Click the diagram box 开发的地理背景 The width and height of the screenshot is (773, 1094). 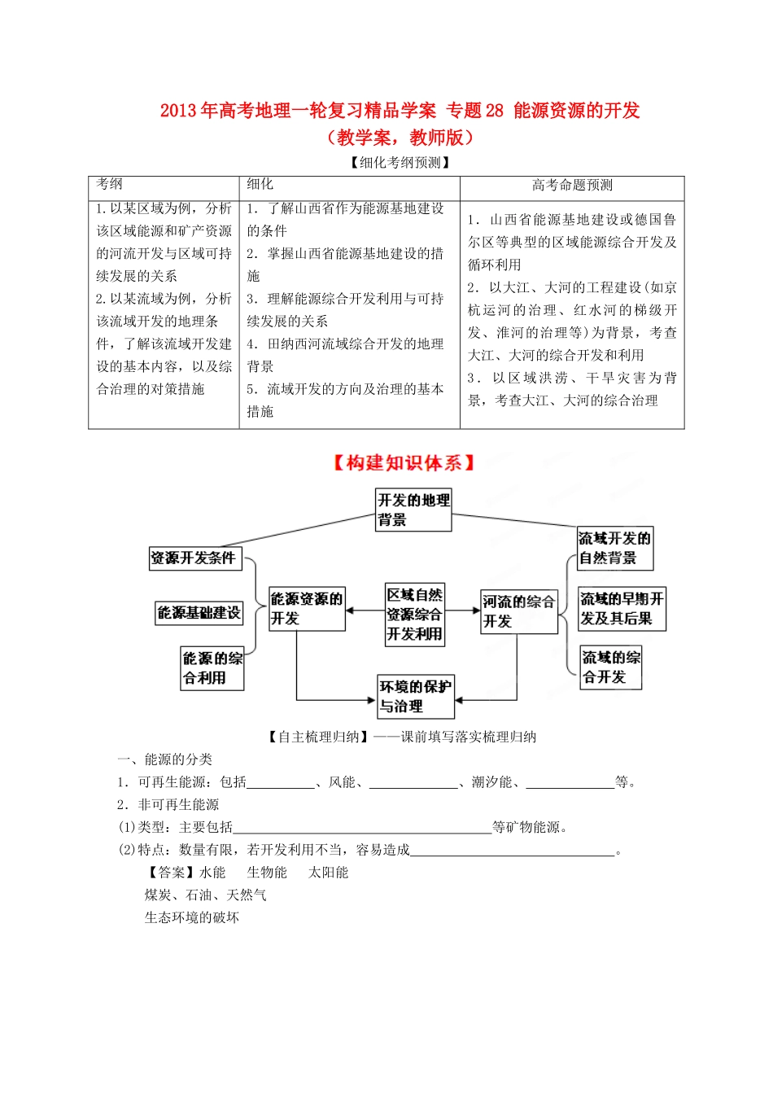pyautogui.click(x=413, y=510)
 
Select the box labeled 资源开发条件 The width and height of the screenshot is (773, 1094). pyautogui.click(x=195, y=558)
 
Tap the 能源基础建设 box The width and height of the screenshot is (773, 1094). pyautogui.click(x=199, y=613)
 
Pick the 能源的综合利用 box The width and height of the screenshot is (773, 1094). pyautogui.click(x=212, y=668)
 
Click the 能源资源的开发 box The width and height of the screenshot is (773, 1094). pyautogui.click(x=307, y=609)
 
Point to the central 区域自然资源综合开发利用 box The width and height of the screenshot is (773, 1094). pyautogui.click(x=415, y=615)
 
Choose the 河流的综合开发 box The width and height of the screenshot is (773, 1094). pyautogui.click(x=518, y=611)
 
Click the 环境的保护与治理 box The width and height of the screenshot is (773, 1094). pyautogui.click(x=415, y=697)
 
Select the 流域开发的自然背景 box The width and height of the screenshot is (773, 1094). pyautogui.click(x=614, y=549)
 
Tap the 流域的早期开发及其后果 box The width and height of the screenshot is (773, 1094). pyautogui.click(x=622, y=609)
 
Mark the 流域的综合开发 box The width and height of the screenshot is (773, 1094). pyautogui.click(x=611, y=667)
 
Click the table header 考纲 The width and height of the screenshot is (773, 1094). pyautogui.click(x=110, y=185)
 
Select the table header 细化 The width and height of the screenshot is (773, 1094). pyautogui.click(x=260, y=185)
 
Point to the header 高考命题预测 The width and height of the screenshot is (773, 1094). pyautogui.click(x=572, y=186)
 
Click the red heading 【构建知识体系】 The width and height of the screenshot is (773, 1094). pyautogui.click(x=404, y=463)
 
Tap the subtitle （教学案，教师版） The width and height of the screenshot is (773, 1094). pyautogui.click(x=400, y=137)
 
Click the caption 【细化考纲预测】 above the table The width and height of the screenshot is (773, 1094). pyautogui.click(x=400, y=163)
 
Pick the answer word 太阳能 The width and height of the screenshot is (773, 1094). pyautogui.click(x=329, y=873)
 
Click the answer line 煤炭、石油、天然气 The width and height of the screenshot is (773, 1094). pyautogui.click(x=206, y=895)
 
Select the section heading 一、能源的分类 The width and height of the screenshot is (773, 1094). pyautogui.click(x=164, y=759)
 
